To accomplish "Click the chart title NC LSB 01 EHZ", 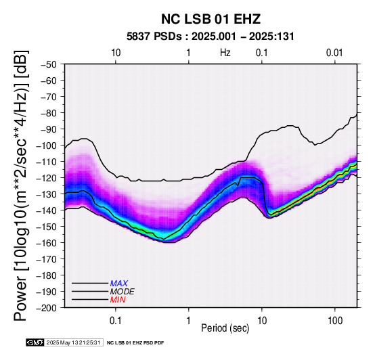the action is (211, 19).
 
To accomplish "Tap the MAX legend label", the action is (119, 284).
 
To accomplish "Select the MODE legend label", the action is (123, 292).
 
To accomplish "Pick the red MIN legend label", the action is (118, 300).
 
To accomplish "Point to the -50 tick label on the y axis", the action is (49, 64).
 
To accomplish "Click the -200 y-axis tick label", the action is (47, 308).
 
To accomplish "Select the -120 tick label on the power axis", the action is (47, 178).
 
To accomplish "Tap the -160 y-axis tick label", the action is (47, 243).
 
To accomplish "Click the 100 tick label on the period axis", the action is (335, 321).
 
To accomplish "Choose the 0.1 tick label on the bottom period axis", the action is (116, 321).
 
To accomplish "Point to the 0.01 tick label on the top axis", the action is (334, 53).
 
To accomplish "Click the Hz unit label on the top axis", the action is (225, 53).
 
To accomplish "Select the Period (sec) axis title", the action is (225, 328).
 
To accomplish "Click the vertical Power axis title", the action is (21, 185).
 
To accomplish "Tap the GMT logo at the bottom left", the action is (35, 343).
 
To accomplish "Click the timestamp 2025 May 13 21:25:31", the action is (73, 343).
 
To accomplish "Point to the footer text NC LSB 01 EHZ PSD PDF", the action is (135, 343).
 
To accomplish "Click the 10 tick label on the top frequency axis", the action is (116, 53).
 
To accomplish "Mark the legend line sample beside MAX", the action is (90, 284).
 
